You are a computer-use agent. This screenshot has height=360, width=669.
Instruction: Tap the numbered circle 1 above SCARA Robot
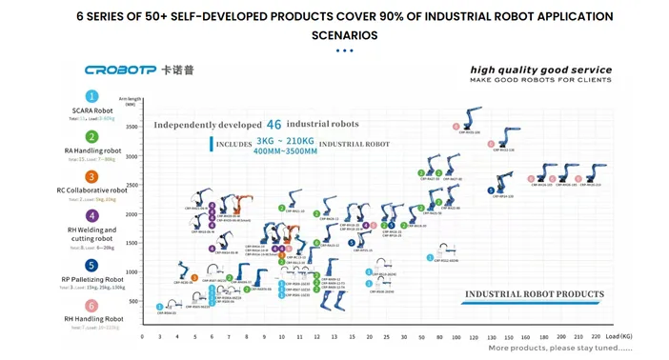coord(92,96)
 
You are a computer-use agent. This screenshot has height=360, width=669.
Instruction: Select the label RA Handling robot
coord(92,150)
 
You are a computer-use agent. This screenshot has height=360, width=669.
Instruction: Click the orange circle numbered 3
coord(92,177)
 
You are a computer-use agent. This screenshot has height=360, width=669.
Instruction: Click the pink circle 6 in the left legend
coord(92,306)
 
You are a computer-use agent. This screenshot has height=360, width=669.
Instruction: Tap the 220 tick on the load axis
coord(596,337)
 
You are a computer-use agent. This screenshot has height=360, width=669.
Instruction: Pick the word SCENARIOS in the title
coord(334,35)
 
